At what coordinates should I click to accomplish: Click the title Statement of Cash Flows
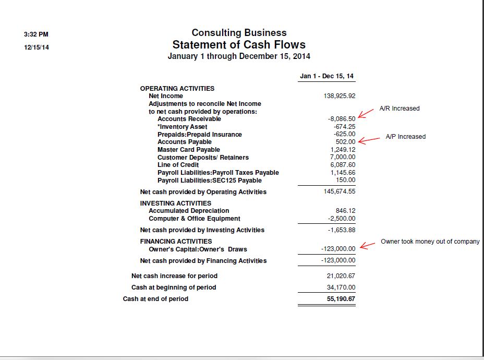click(x=239, y=45)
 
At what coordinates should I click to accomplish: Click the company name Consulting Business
click(x=239, y=33)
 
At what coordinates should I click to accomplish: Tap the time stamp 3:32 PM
click(x=36, y=34)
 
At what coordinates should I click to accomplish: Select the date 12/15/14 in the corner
click(x=37, y=47)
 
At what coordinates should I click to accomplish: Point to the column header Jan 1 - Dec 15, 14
click(x=326, y=76)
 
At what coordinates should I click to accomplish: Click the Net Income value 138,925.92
click(x=340, y=96)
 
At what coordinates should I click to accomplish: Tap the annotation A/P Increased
click(x=405, y=137)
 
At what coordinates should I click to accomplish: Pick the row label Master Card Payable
click(x=188, y=150)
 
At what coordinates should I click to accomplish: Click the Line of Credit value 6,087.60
click(x=343, y=165)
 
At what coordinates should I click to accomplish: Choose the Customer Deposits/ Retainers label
click(x=203, y=158)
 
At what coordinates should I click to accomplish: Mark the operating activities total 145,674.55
click(x=340, y=191)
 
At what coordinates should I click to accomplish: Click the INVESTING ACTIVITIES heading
click(x=175, y=203)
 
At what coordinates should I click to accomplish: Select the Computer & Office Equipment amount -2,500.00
click(x=342, y=219)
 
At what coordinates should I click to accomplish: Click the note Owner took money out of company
click(x=430, y=242)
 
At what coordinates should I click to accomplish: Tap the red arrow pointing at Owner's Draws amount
click(x=367, y=246)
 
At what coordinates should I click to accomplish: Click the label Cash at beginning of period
click(x=173, y=287)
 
